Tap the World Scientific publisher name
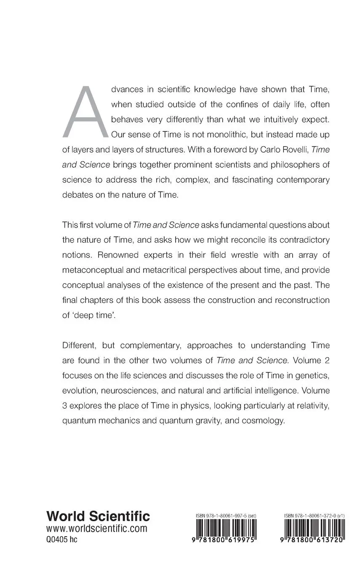(98, 516)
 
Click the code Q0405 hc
(62, 540)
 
